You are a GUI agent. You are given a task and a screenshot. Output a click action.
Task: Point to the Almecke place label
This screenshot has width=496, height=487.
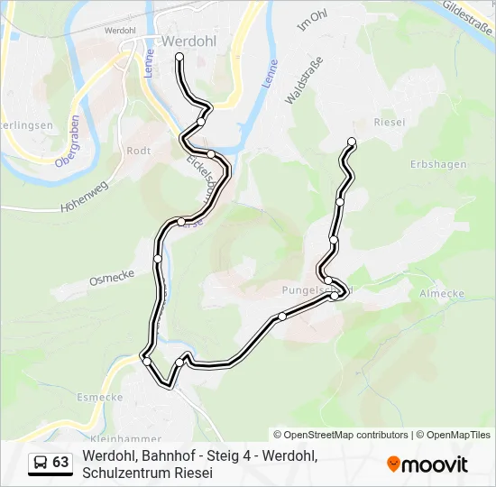pos(442,294)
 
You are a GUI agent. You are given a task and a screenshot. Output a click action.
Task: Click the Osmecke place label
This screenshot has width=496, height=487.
pos(112,279)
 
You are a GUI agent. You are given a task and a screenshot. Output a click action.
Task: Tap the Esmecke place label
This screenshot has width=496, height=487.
pos(100,396)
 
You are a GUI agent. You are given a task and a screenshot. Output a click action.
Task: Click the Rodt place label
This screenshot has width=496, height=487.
pos(139,152)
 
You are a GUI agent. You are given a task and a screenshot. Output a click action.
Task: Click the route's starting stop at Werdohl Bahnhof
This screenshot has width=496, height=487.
pos(179,57)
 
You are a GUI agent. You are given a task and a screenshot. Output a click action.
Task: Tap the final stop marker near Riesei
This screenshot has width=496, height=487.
pos(351,141)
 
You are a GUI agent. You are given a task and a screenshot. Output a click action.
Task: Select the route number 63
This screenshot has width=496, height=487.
pos(60,463)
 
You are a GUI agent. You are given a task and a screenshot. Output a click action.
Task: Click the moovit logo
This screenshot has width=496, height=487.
pos(427,464)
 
